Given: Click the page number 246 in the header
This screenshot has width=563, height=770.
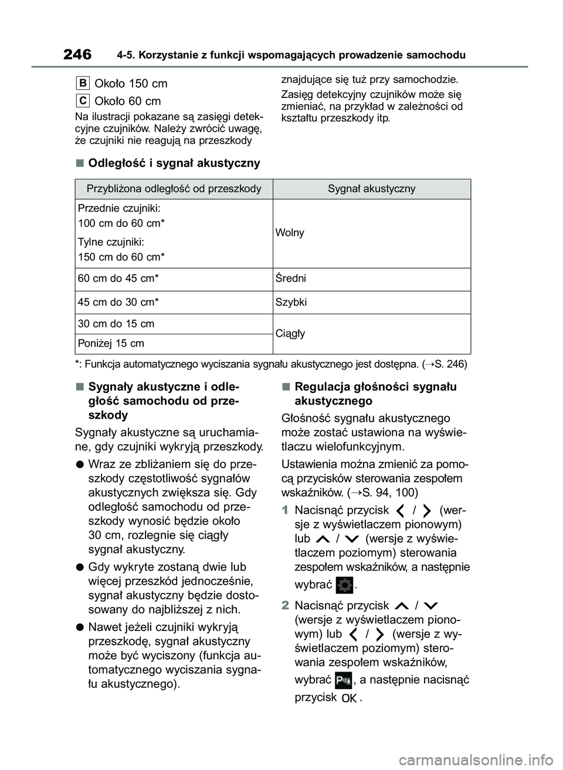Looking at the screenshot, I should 77,55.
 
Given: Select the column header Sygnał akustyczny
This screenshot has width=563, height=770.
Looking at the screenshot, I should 371,189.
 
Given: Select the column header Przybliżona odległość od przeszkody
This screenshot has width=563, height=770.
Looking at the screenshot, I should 174,189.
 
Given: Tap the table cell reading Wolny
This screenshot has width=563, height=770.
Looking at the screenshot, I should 290,233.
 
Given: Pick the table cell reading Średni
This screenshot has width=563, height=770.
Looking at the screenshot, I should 291,279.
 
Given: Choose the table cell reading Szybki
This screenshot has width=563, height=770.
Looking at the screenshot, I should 291,302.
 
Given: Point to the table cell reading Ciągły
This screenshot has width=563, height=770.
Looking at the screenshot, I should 290,333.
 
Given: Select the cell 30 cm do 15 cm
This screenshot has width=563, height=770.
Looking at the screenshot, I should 116,324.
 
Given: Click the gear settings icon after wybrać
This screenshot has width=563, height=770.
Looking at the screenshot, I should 345,585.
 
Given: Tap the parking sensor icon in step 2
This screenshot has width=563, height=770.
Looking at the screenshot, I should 344,680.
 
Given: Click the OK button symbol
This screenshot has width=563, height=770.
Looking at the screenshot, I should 349,698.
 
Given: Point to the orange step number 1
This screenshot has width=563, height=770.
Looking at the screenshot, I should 285,511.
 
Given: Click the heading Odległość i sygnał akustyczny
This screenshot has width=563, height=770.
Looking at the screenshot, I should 174,163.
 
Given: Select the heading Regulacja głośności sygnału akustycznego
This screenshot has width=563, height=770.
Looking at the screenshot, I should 375,394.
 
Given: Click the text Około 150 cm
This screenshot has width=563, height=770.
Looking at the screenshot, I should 131,83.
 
